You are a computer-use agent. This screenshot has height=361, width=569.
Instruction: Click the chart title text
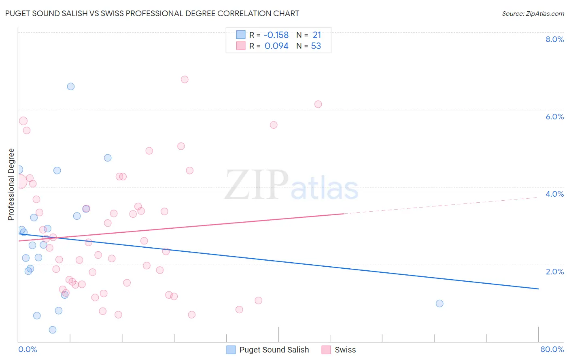pyautogui.click(x=152, y=13)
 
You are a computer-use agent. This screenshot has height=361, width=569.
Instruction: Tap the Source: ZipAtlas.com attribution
pyautogui.click(x=533, y=13)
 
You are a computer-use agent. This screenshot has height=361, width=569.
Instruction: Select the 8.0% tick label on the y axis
pyautogui.click(x=554, y=39)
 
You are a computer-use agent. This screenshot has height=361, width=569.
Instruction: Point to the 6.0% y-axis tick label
pyautogui.click(x=554, y=117)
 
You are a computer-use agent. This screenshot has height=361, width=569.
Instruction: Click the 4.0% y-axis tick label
pyautogui.click(x=554, y=194)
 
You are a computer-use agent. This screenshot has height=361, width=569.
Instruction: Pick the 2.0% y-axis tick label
pyautogui.click(x=554, y=272)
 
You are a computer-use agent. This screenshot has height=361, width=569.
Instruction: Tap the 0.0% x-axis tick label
pyautogui.click(x=28, y=349)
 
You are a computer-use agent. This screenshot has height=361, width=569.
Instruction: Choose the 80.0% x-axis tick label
pyautogui.click(x=552, y=349)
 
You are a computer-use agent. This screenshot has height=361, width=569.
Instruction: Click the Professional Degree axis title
pyautogui.click(x=11, y=185)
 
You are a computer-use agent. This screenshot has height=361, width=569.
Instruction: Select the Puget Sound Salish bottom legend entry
pyautogui.click(x=274, y=350)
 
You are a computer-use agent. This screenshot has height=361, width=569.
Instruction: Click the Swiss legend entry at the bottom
pyautogui.click(x=345, y=350)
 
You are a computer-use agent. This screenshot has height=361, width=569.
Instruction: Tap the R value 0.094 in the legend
pyautogui.click(x=276, y=46)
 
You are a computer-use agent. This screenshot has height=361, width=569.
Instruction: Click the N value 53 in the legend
pyautogui.click(x=316, y=46)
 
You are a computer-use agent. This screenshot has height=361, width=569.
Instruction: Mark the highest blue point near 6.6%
pyautogui.click(x=71, y=86)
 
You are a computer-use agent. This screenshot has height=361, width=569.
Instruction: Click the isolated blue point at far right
pyautogui.click(x=439, y=304)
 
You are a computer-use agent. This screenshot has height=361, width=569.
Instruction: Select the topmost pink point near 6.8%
pyautogui.click(x=185, y=79)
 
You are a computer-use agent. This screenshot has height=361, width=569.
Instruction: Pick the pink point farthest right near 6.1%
pyautogui.click(x=318, y=104)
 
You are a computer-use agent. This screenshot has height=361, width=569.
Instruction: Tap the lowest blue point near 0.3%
pyautogui.click(x=53, y=330)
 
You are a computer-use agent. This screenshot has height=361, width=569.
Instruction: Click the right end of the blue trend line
pyautogui.click(x=538, y=289)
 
